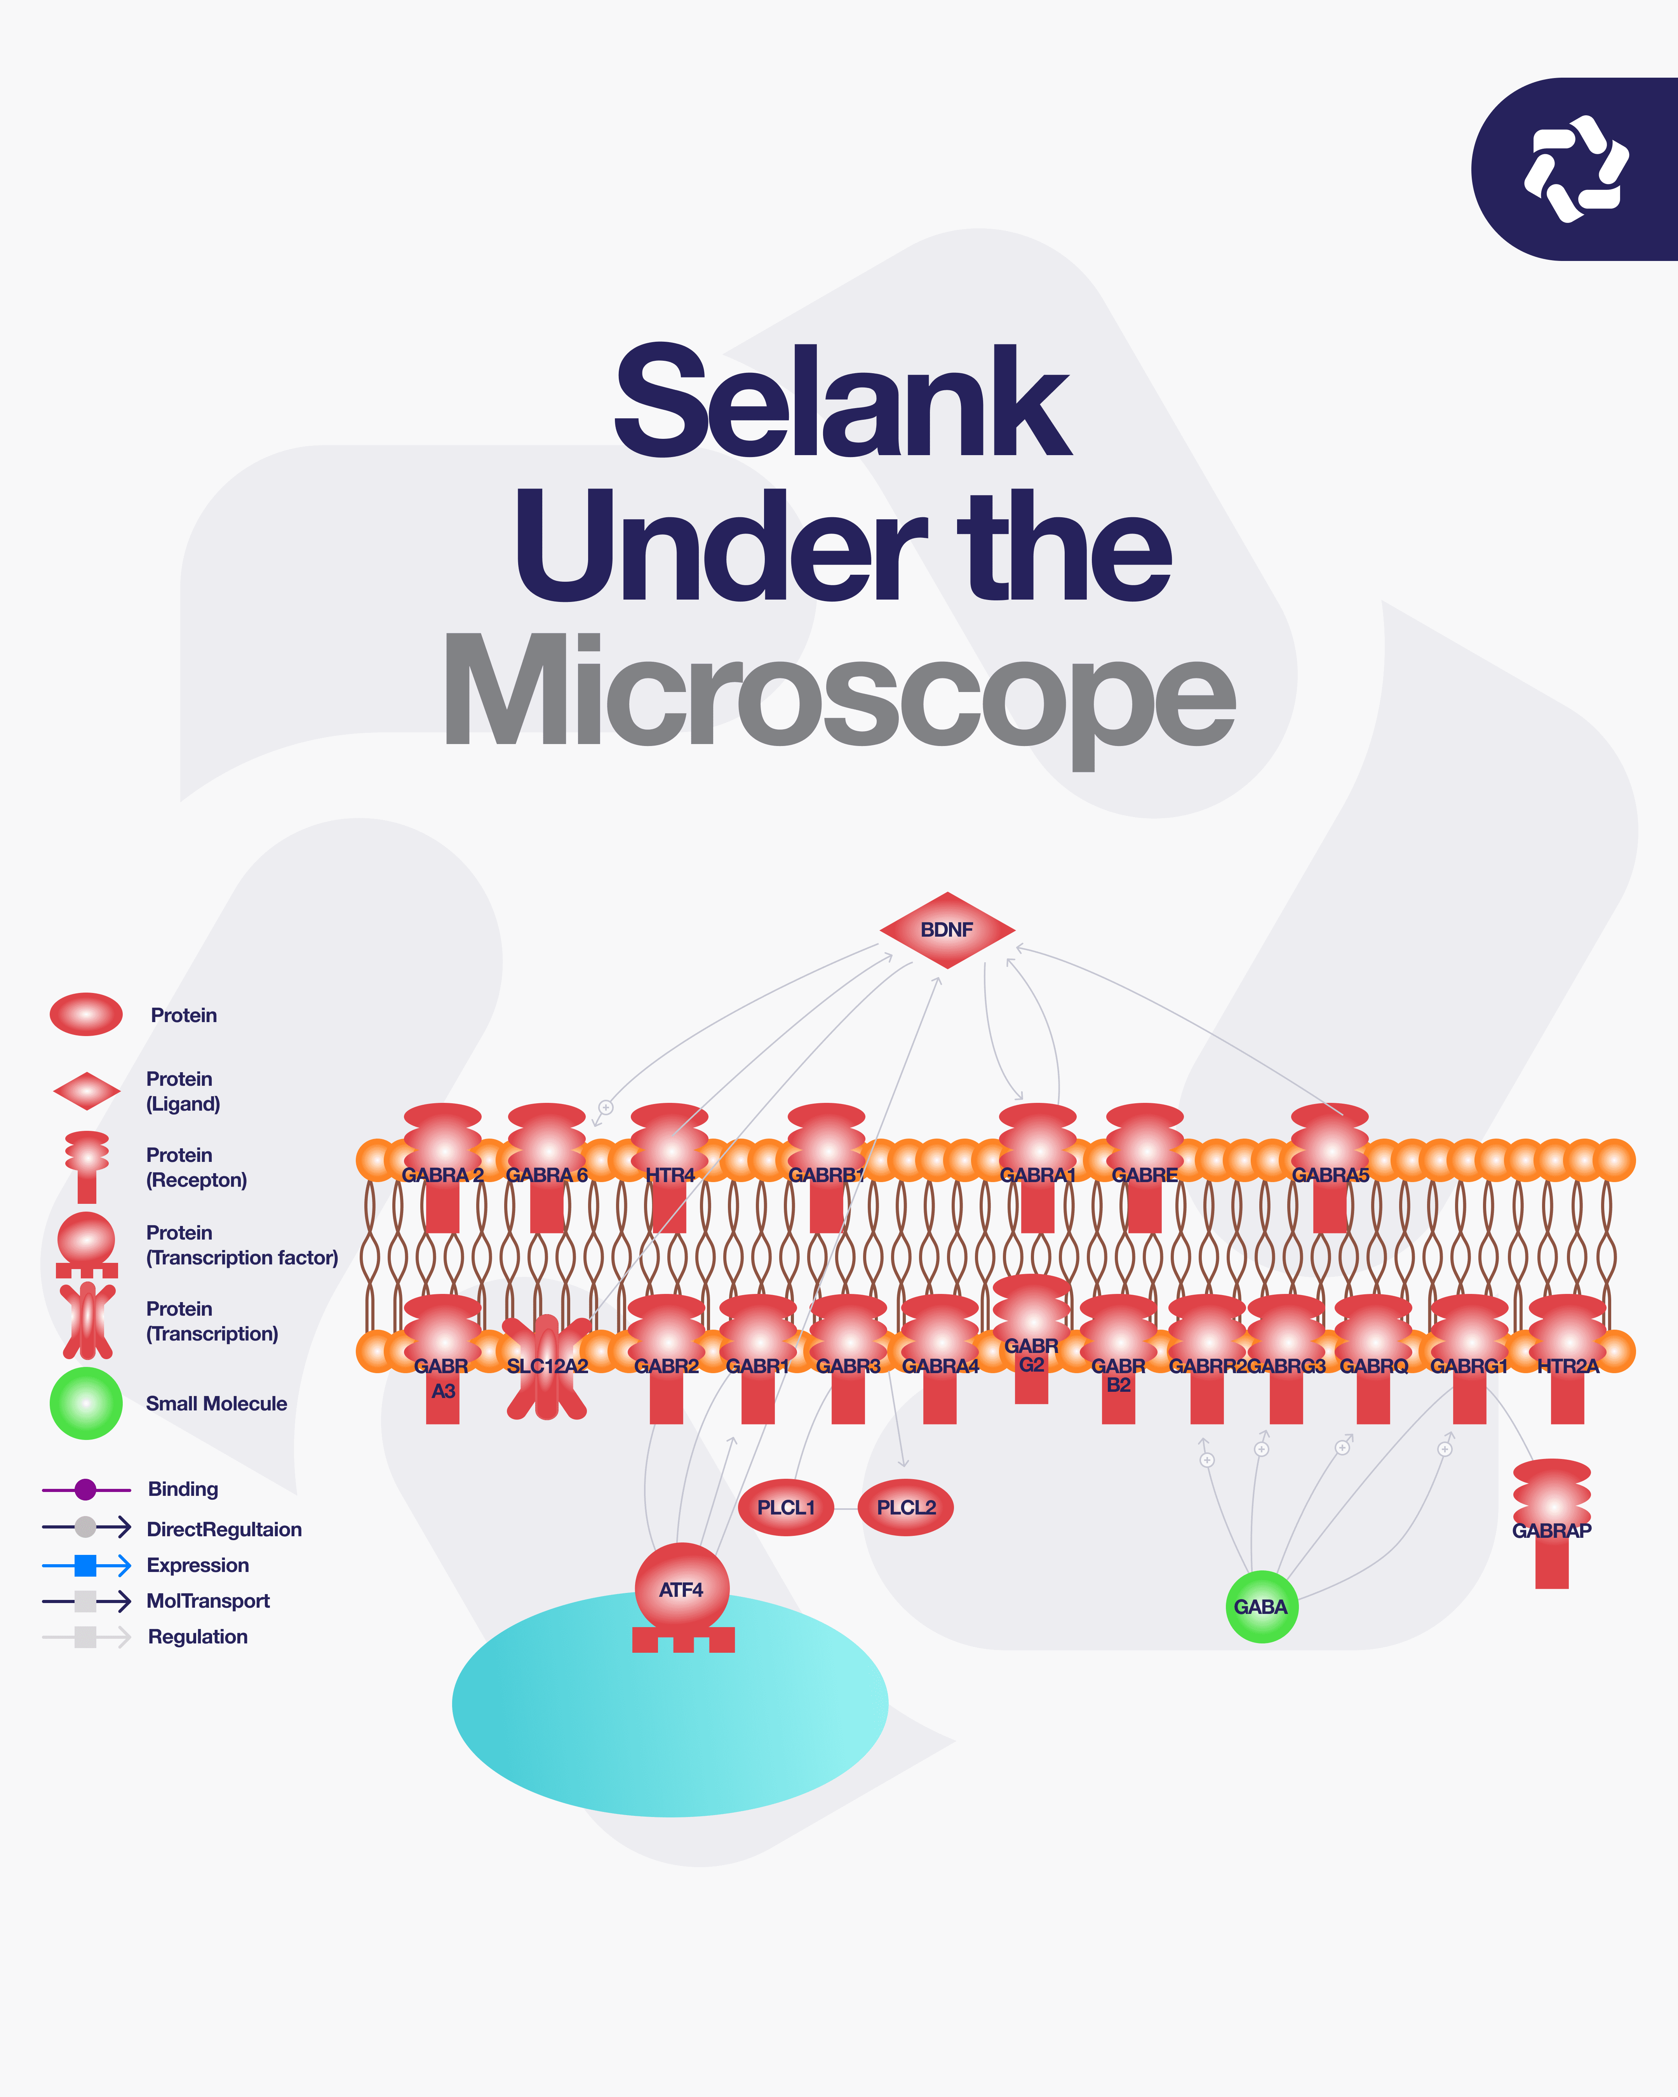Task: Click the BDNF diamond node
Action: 947,930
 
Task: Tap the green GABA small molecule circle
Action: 1261,1607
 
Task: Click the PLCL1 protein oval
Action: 786,1508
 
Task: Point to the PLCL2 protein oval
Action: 906,1508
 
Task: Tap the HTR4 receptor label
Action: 670,1175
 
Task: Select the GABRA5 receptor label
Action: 1330,1175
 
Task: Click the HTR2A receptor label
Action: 1567,1367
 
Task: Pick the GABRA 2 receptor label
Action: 442,1175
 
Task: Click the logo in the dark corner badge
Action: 1576,169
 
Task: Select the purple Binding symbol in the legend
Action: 85,1489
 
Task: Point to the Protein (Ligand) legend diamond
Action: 87,1091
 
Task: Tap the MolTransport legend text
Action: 208,1601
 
